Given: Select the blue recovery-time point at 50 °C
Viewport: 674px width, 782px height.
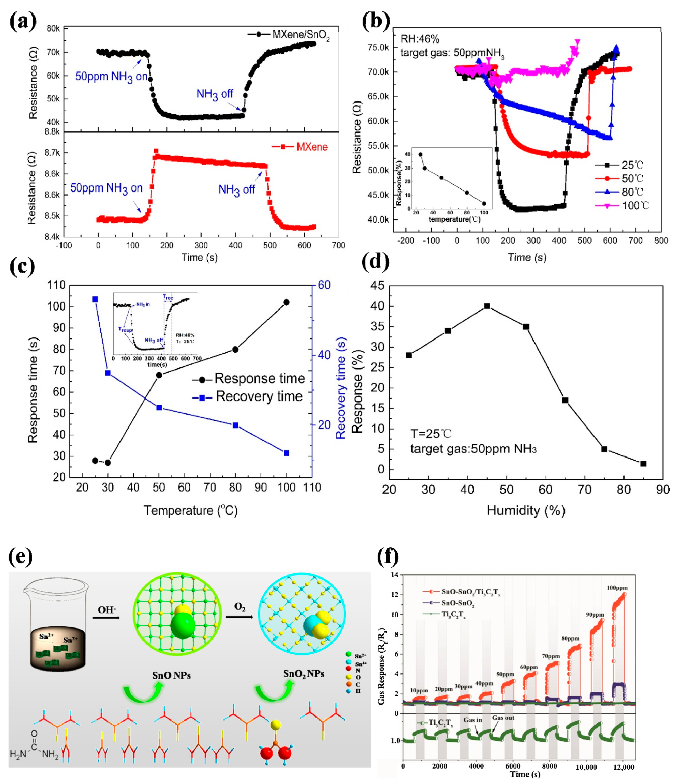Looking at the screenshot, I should (159, 408).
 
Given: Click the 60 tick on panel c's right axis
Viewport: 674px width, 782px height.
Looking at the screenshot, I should (324, 285).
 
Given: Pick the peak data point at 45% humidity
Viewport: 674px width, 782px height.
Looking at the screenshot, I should (487, 306).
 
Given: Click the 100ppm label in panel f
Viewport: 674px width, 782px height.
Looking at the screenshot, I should (617, 588).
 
